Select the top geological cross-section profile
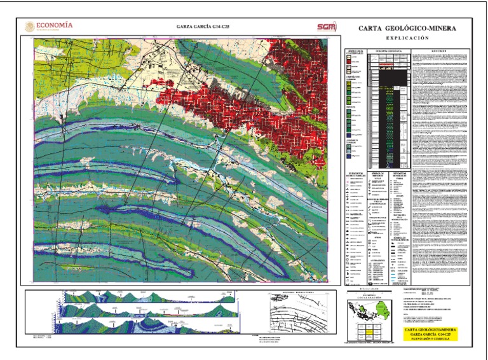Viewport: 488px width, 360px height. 159,298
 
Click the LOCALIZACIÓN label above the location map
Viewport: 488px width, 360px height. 369,297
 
